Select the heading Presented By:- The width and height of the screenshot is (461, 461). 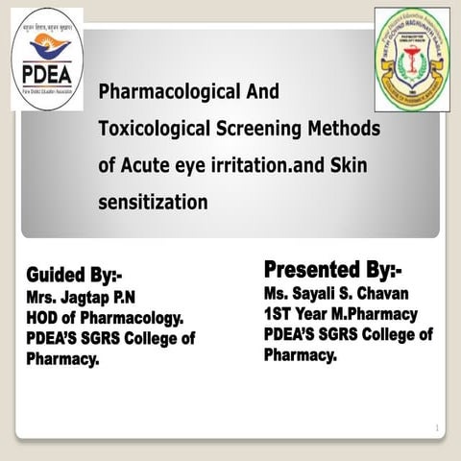[332, 266]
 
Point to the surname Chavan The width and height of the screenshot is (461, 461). [386, 292]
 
